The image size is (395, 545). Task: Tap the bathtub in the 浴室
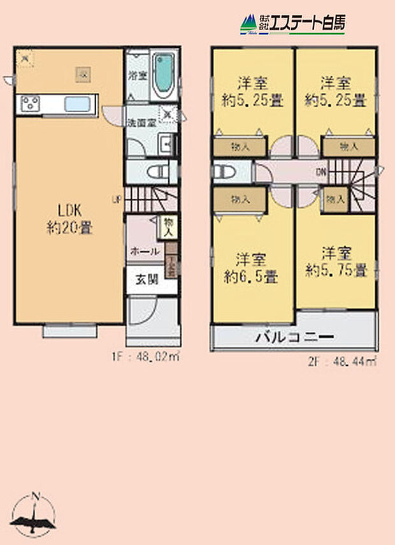[164, 75]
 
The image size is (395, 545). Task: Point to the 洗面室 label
[140, 121]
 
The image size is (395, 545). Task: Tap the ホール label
[145, 252]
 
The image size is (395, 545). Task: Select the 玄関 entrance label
[145, 279]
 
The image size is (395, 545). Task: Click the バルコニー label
[295, 337]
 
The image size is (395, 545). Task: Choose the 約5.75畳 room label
[335, 261]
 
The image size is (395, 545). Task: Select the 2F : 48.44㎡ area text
[342, 361]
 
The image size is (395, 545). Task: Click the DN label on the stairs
[322, 170]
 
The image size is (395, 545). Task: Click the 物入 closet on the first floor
[168, 226]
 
